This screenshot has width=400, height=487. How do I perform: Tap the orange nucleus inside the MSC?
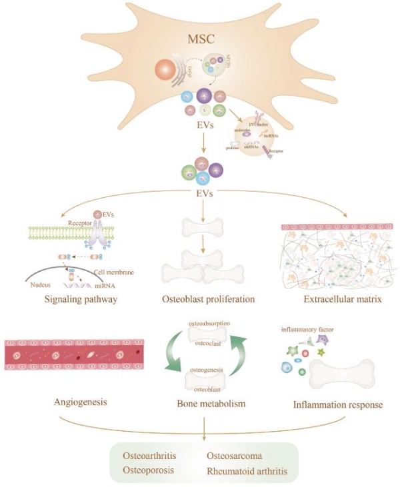(x=166, y=72)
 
